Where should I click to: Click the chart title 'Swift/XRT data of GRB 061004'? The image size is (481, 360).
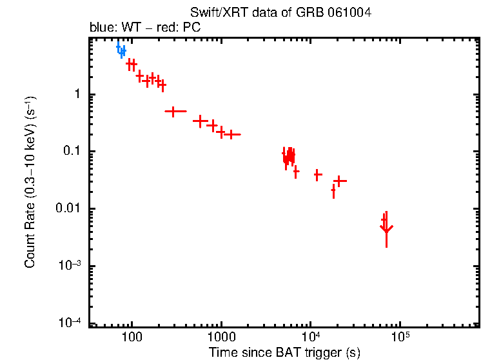(x=280, y=13)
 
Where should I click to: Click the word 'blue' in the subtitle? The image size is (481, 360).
(x=101, y=28)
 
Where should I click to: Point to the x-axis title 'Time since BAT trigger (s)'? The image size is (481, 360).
(x=284, y=352)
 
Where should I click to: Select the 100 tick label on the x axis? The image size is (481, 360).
(x=132, y=338)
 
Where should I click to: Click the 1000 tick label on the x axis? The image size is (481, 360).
(x=221, y=338)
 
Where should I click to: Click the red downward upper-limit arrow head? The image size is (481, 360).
(x=386, y=228)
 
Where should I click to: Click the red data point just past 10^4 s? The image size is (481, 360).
(x=317, y=175)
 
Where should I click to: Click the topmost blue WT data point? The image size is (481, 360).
(x=118, y=46)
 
